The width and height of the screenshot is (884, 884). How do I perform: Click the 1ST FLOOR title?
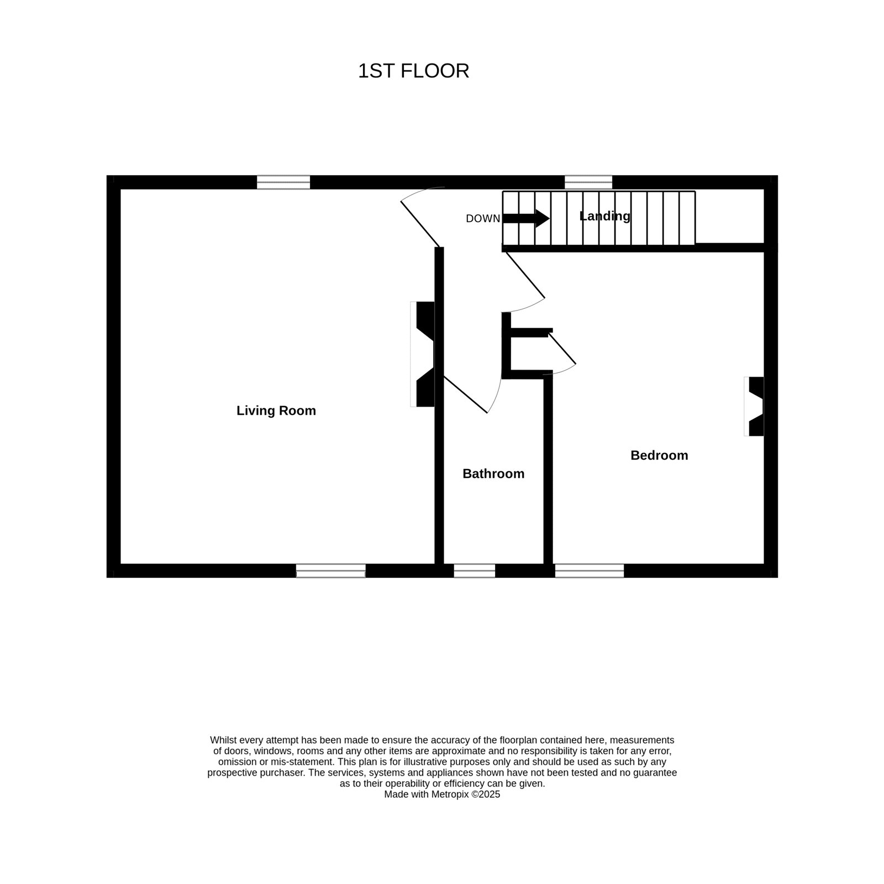coord(413,71)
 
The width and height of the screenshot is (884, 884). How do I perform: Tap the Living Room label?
coord(276,411)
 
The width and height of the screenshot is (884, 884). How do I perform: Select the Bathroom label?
coord(493,473)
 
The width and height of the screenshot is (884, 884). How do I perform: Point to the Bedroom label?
coord(659,455)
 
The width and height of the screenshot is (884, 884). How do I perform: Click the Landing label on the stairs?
coord(605,216)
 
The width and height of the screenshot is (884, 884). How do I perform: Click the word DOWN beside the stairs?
coord(483,219)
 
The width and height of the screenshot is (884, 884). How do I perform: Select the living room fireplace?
coord(423,354)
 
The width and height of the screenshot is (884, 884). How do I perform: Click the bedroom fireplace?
coord(754,406)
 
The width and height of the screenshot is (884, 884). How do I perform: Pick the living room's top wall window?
coord(283,182)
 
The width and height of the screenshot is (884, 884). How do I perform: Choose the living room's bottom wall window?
coord(331,571)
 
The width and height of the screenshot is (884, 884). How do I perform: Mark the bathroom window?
coord(475,571)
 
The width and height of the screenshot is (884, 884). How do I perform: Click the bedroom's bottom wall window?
coord(590,571)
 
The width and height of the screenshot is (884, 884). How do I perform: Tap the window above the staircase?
coord(588,182)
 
